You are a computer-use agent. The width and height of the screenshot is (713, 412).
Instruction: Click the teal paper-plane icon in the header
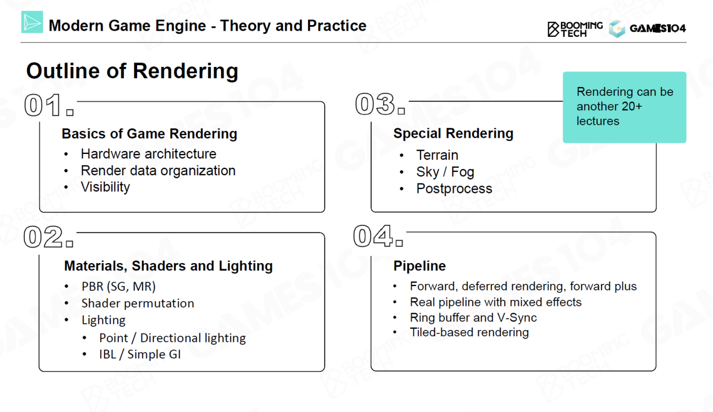click(32, 22)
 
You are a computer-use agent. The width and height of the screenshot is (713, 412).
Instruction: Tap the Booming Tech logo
click(575, 29)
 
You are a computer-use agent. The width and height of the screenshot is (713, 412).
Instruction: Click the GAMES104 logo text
click(657, 28)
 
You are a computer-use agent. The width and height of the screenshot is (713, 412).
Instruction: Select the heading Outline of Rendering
click(132, 71)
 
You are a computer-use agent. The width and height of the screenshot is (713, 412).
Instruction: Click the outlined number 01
click(43, 106)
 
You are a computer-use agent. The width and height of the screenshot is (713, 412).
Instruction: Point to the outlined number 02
click(43, 237)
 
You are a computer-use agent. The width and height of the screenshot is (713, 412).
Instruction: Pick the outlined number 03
click(375, 105)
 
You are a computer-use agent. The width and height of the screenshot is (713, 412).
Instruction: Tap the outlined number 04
click(373, 236)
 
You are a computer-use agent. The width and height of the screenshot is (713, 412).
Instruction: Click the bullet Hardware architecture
click(148, 154)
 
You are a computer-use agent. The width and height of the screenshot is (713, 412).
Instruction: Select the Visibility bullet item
click(105, 187)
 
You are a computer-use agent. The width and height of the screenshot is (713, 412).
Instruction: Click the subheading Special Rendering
click(453, 133)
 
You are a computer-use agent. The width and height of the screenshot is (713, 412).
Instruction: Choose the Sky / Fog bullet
click(445, 172)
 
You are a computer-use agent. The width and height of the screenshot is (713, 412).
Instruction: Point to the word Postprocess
click(454, 188)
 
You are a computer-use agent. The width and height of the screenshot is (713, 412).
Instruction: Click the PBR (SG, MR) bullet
click(118, 287)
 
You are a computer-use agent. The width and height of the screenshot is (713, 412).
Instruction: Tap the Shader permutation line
click(138, 303)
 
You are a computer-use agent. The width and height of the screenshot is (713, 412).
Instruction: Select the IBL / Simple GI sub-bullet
click(140, 354)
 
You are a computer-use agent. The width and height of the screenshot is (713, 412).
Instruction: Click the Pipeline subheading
click(419, 266)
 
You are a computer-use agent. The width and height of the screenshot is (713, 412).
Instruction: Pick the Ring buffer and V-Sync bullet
click(473, 317)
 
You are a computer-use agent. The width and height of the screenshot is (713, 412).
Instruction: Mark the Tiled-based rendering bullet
click(469, 332)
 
